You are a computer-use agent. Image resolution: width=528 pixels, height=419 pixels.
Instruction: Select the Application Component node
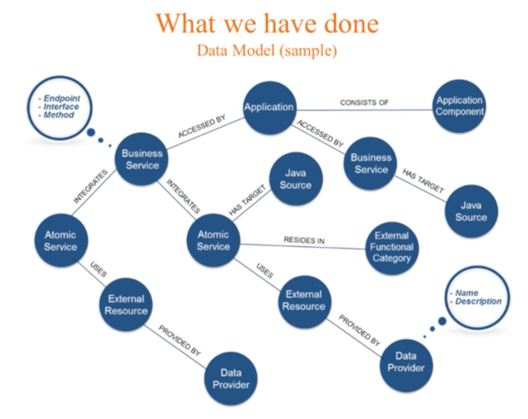point(459,106)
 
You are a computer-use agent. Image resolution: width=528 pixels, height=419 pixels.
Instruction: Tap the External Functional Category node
point(392,247)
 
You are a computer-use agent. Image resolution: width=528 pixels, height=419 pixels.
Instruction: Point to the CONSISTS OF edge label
point(364,102)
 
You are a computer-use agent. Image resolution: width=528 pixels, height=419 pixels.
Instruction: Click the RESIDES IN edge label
point(304,240)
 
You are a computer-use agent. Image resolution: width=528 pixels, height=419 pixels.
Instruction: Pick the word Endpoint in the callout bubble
point(62,99)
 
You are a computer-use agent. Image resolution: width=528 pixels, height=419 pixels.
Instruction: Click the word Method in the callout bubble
point(59,115)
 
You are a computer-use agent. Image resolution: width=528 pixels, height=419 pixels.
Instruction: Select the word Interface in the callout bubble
point(61,107)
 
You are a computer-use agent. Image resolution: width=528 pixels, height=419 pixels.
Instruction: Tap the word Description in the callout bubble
point(478,302)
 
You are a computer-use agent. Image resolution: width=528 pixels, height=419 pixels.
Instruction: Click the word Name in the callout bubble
point(467,293)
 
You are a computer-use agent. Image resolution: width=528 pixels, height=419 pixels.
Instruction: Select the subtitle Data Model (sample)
point(267,50)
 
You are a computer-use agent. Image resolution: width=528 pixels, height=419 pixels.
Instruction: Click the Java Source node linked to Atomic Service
point(295,179)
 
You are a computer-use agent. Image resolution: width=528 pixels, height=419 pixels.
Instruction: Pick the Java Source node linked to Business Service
point(471,211)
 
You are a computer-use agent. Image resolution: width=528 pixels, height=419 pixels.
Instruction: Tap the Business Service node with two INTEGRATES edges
point(142,159)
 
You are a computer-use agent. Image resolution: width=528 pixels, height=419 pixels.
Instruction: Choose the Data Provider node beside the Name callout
point(406,365)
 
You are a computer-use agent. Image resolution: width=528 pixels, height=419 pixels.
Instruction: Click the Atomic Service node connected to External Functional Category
point(213,240)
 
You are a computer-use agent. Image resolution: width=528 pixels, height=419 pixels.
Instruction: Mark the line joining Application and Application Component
point(364,110)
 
